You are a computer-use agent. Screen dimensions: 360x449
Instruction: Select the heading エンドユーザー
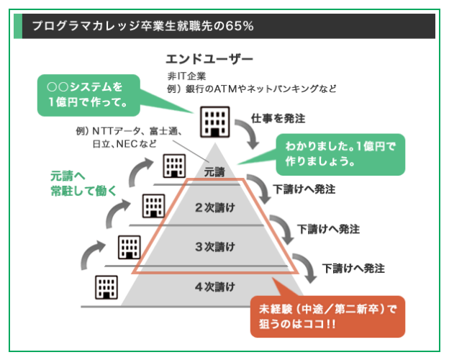(209, 58)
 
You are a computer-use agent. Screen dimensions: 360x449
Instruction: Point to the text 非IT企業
(186, 75)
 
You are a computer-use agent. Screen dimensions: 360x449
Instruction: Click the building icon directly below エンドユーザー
(212, 122)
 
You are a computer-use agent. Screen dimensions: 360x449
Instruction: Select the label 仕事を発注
(278, 117)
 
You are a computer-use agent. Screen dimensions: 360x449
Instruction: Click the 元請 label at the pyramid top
(214, 171)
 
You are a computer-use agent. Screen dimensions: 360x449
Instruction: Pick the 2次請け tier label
(215, 208)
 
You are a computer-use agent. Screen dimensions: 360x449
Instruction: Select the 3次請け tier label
(215, 247)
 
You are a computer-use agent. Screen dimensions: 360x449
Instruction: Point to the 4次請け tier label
(215, 287)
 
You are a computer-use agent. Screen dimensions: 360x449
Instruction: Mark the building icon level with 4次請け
(106, 287)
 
